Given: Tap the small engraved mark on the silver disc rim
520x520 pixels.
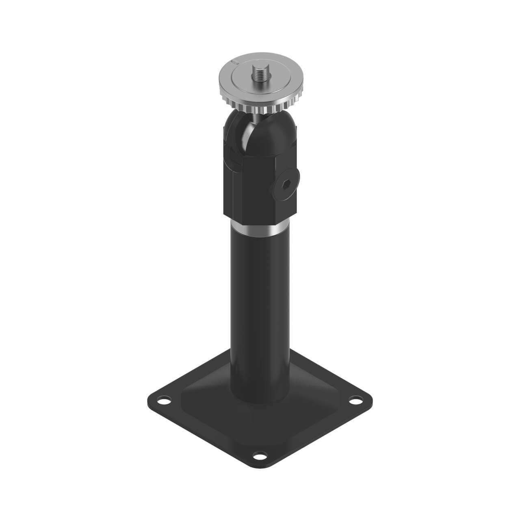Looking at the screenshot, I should (x=233, y=62).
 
